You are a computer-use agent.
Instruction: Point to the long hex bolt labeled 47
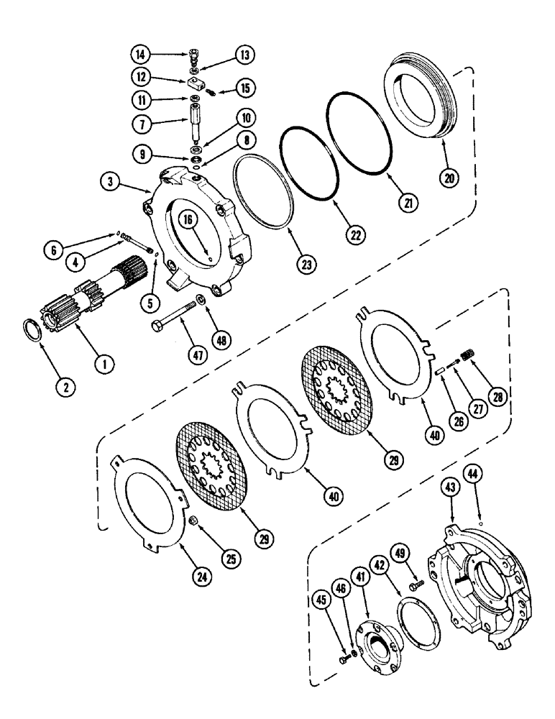tap(172, 317)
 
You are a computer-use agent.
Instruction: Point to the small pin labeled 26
tap(436, 370)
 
